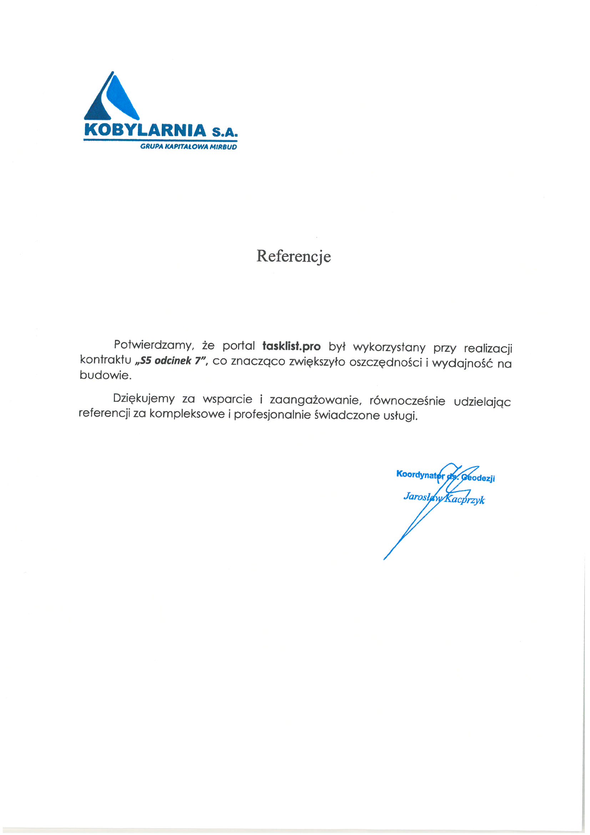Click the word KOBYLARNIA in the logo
click(x=145, y=131)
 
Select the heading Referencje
click(x=294, y=256)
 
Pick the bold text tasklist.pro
click(x=291, y=346)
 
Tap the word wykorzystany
click(x=389, y=347)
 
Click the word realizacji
click(x=488, y=349)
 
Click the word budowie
click(x=105, y=375)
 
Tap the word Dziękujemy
click(x=144, y=399)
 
